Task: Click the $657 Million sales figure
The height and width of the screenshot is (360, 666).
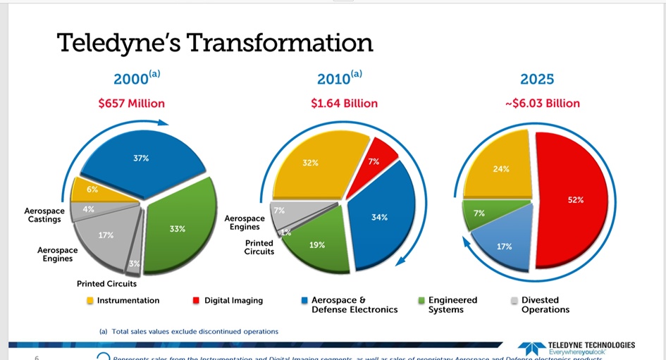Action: [x=131, y=104]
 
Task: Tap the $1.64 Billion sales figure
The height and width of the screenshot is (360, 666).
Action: [x=344, y=104]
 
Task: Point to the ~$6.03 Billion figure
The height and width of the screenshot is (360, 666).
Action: [x=542, y=104]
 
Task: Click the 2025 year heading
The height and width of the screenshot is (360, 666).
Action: [x=537, y=79]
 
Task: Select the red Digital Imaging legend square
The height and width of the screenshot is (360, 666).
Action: [x=197, y=301]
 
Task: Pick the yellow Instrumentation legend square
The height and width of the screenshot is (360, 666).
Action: [x=90, y=301]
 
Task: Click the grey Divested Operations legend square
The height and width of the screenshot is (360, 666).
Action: [x=514, y=301]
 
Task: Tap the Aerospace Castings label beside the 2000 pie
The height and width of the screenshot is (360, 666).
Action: [x=44, y=215]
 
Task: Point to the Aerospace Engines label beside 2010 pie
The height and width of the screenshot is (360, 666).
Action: [x=245, y=223]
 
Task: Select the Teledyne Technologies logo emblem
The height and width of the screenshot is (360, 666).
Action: [x=532, y=348]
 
